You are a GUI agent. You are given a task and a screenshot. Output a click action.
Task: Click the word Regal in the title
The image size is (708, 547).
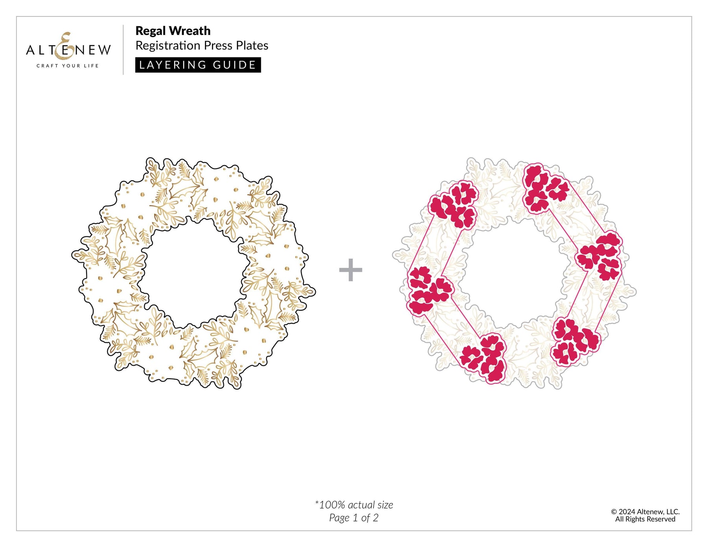[x=151, y=31]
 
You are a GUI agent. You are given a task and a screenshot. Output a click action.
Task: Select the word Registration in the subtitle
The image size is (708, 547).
[x=168, y=46]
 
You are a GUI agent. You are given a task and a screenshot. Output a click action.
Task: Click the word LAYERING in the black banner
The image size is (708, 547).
[x=173, y=65]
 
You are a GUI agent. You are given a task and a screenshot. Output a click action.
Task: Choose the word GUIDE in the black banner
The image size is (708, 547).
[x=234, y=65]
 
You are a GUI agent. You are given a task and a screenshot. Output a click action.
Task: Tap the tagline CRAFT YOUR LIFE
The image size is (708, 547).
[x=68, y=66]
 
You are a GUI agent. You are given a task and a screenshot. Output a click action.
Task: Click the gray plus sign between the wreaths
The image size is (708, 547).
[x=350, y=270]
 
